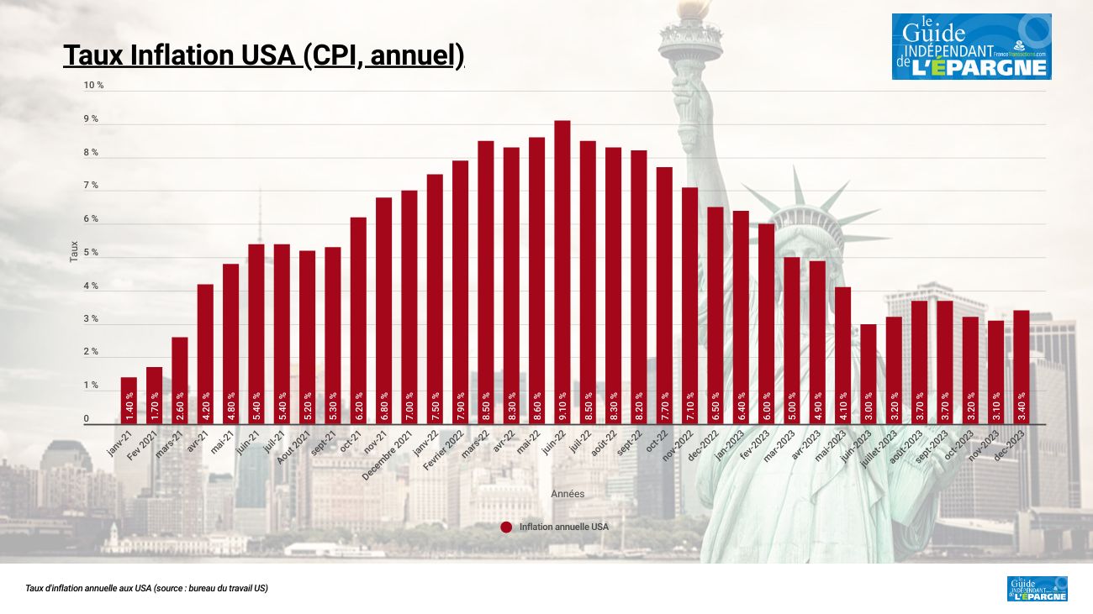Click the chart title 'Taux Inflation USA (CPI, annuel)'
pos(263,55)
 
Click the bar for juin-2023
pos(868,374)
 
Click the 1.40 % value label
pos(129,406)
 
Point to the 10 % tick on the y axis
pos(93,86)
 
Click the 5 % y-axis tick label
pos(91,253)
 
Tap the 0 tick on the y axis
pos(86,419)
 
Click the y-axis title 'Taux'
pos(74,252)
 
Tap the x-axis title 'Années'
pos(568,494)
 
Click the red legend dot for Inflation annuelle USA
pos(506,527)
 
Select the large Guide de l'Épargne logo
pos(971,46)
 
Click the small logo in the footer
pos(1037,589)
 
